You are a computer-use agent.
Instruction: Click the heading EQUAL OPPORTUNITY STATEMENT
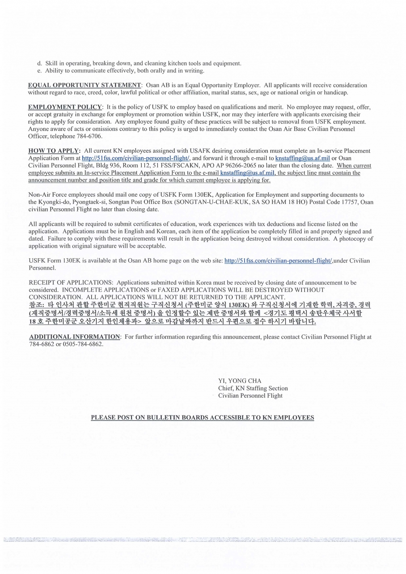pos(84,85)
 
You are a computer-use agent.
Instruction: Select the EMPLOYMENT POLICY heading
pos(65,107)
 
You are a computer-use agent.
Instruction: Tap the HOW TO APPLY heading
pos(54,151)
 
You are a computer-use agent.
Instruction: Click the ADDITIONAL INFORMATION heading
pos(75,337)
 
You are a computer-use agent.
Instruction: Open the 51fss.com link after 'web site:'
pos(278,261)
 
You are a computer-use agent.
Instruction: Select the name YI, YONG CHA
pos(240,381)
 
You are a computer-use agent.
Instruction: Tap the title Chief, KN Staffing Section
pos(253,388)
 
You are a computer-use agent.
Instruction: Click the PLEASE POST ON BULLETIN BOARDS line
pos(202,418)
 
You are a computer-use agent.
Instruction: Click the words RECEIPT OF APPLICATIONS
pos(71,283)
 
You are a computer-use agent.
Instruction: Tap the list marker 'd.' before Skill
pos(39,63)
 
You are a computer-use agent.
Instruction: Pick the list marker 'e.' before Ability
pos(39,71)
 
